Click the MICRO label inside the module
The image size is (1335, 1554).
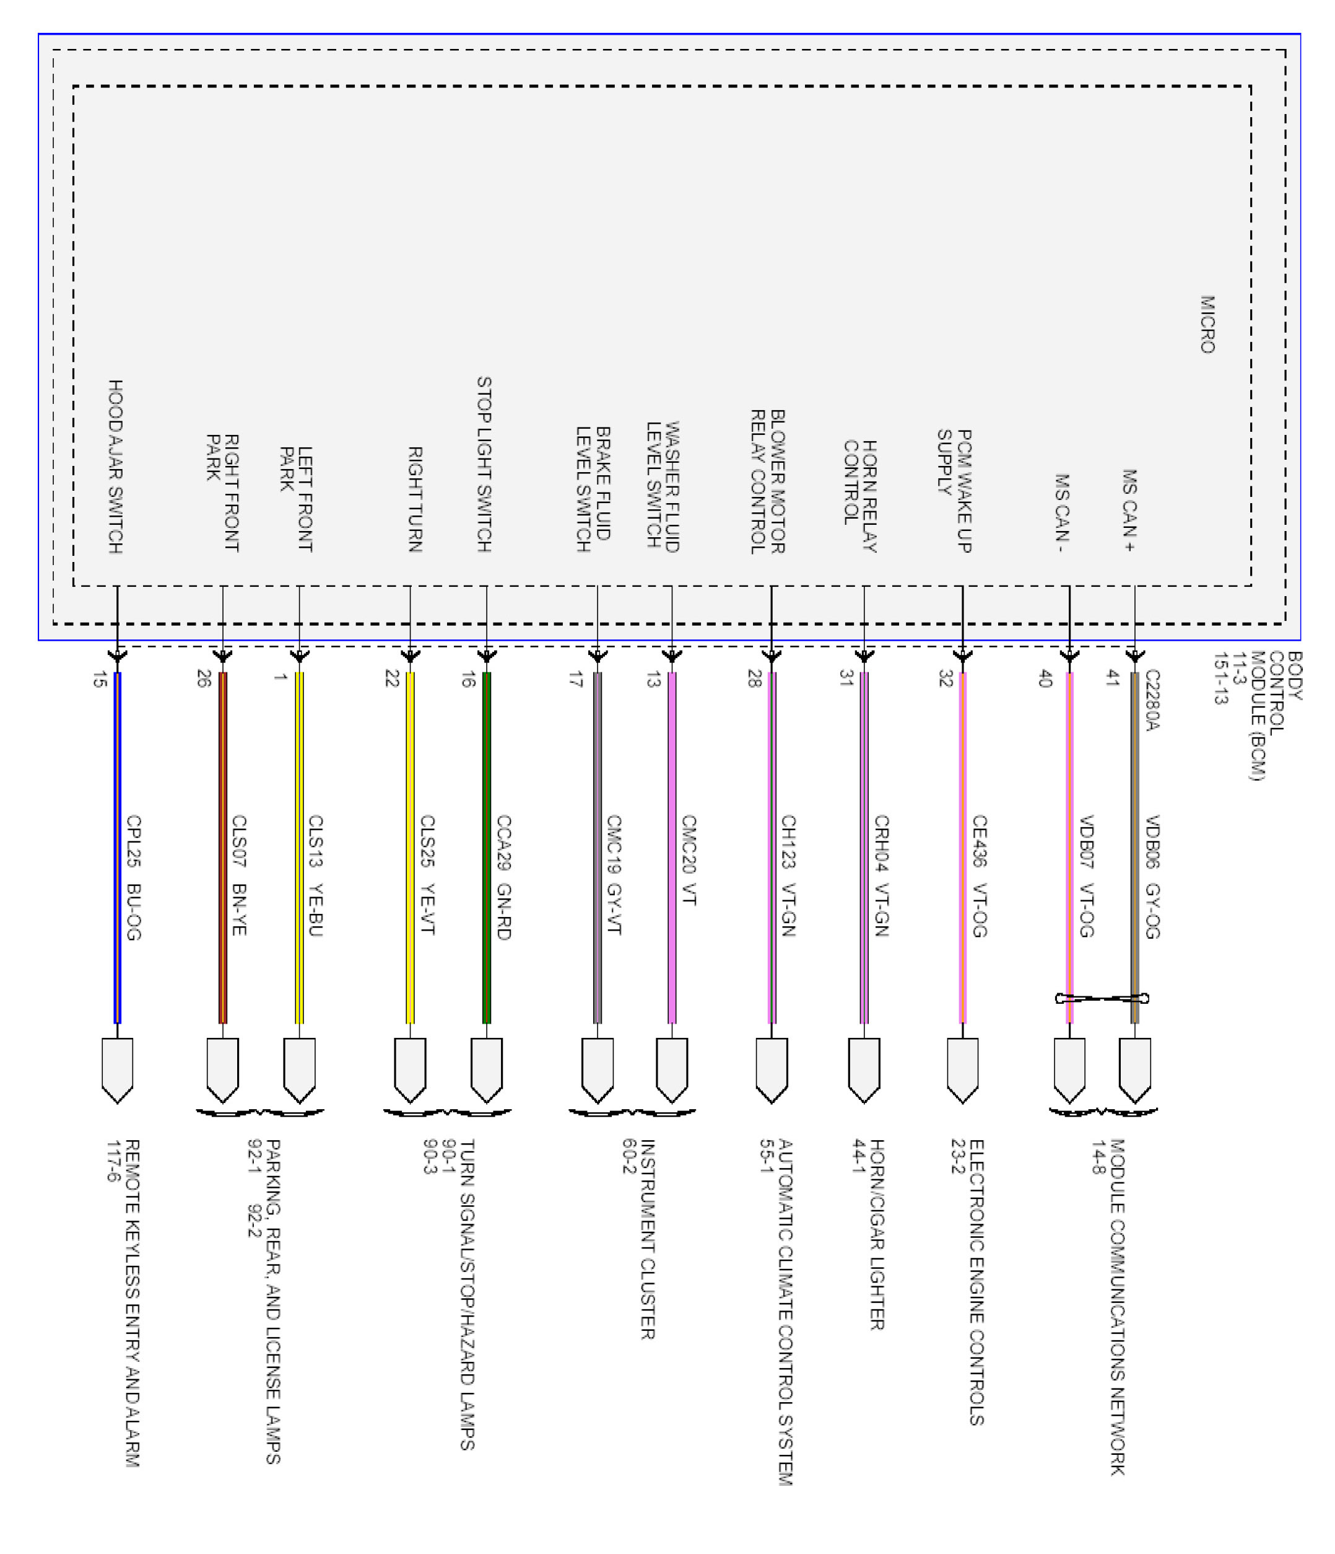[x=1207, y=324]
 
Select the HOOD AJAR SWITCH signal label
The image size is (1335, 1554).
[x=115, y=467]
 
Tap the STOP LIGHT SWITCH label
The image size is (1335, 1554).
[x=484, y=464]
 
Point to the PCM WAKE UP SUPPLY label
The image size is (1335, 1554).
[x=954, y=491]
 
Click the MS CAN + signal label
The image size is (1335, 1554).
[x=1129, y=511]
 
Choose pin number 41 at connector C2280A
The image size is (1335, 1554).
[x=1112, y=678]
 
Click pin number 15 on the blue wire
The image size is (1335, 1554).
[x=99, y=680]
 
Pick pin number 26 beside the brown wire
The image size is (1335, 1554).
[x=203, y=678]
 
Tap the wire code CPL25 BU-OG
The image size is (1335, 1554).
[x=133, y=877]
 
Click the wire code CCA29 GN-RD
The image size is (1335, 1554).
[x=503, y=877]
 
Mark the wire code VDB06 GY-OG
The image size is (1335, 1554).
[x=1152, y=877]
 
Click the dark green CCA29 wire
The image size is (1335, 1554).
[x=487, y=848]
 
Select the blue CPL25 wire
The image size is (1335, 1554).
[x=117, y=848]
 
